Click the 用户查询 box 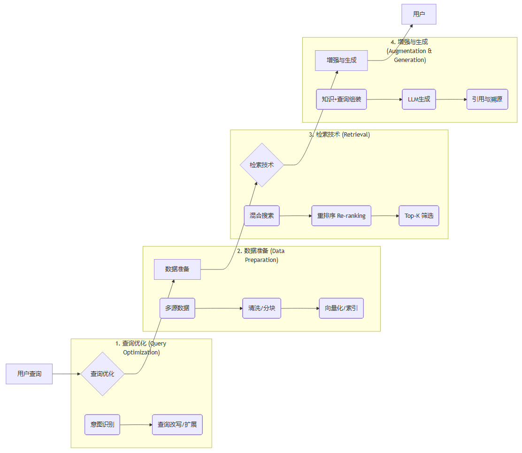[29, 374]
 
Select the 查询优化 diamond [102, 374]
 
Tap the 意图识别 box [102, 424]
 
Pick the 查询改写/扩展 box [177, 424]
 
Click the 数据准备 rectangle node [177, 269]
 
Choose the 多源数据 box [177, 308]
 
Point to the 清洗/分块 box [261, 308]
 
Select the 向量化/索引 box [341, 308]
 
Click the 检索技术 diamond [262, 165]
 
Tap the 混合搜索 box [262, 216]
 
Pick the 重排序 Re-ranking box [341, 216]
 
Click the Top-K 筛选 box [419, 216]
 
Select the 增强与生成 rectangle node [341, 60]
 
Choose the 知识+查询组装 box [341, 100]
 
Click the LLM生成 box [419, 100]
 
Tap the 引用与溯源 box [487, 100]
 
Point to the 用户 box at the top [419, 14]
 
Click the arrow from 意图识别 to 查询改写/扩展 [136, 425]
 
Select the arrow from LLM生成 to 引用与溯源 [451, 100]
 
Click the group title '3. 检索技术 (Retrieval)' [339, 135]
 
